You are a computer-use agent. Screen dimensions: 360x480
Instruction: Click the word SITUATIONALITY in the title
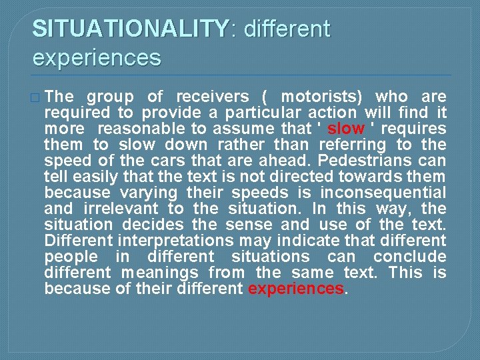click(x=131, y=29)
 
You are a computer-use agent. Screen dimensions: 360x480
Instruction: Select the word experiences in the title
click(x=97, y=57)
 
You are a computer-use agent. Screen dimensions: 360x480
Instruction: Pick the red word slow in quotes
click(x=346, y=129)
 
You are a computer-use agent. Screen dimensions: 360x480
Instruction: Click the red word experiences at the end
click(x=295, y=289)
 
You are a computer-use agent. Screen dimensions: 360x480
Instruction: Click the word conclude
click(x=409, y=257)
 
